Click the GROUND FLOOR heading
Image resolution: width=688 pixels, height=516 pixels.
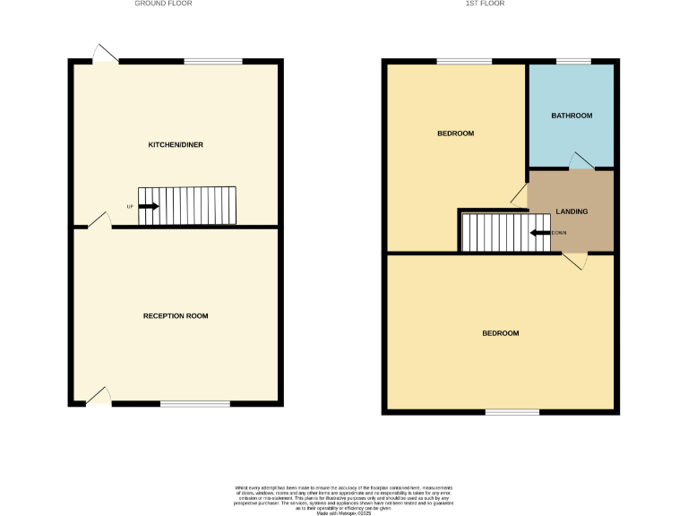point(163,4)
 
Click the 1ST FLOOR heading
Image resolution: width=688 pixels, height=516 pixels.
point(485,4)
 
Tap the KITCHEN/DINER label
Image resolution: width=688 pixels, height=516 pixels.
point(170,144)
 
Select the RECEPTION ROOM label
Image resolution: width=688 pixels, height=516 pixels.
point(176,316)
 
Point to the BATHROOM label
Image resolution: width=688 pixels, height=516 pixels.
point(572,116)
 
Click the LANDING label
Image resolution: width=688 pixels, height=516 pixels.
point(572,211)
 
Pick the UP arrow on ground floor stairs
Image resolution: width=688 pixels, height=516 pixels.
point(149,206)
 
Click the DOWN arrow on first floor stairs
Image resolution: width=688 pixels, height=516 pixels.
point(540,233)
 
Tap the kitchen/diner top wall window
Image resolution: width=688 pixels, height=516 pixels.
point(213,61)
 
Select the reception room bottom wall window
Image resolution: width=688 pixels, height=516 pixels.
point(194,404)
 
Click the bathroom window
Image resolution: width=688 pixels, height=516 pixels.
point(573,62)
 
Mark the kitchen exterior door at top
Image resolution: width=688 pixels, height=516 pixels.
point(106,55)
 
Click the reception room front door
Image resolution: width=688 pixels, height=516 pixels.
point(99,397)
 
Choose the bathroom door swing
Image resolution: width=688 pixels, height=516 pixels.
point(581,161)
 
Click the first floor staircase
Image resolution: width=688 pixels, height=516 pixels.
point(504,232)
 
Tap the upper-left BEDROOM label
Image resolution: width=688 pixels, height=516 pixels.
point(455,133)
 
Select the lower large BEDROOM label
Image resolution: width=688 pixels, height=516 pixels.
point(500,333)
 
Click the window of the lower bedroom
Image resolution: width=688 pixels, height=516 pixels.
point(512,412)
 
